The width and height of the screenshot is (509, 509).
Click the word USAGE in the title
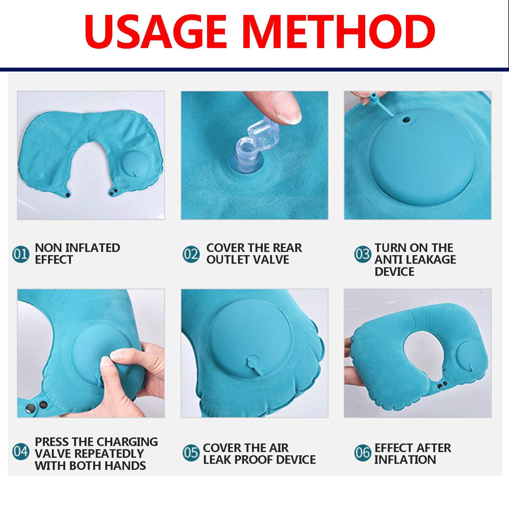pyautogui.click(x=155, y=31)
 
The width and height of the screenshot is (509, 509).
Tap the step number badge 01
pyautogui.click(x=21, y=254)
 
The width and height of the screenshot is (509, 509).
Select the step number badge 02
pyautogui.click(x=191, y=254)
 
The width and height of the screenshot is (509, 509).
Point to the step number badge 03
pyautogui.click(x=363, y=254)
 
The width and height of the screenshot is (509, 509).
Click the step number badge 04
pyautogui.click(x=21, y=451)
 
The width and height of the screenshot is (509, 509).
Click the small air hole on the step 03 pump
pyautogui.click(x=406, y=120)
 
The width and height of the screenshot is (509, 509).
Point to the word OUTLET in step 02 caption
pyautogui.click(x=227, y=260)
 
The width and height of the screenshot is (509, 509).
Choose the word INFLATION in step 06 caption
pyautogui.click(x=405, y=460)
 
